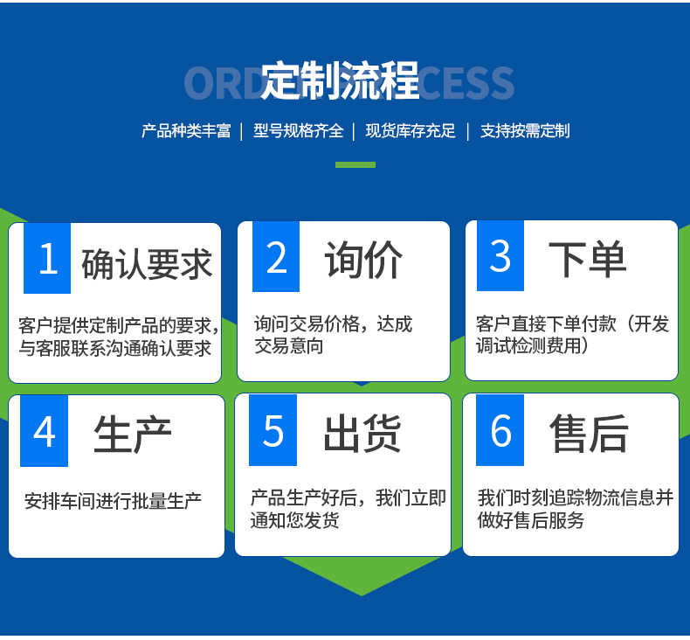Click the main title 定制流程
coord(341,82)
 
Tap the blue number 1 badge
coord(48,258)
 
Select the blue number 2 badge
coord(276,257)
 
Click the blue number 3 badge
coord(500,256)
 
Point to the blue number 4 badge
coord(44,430)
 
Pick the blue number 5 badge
coord(273,430)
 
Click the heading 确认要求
coord(147,263)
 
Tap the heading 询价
coord(363,260)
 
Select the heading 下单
coord(587,259)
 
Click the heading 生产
coord(133,435)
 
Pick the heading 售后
coord(589,433)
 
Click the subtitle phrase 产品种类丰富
coord(186,131)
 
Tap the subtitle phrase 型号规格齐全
coord(298,131)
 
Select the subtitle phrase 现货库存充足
coord(411,131)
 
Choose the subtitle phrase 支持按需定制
coord(524,131)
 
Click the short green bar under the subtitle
coord(355,164)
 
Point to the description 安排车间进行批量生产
coord(114,502)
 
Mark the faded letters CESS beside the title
coord(467,83)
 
